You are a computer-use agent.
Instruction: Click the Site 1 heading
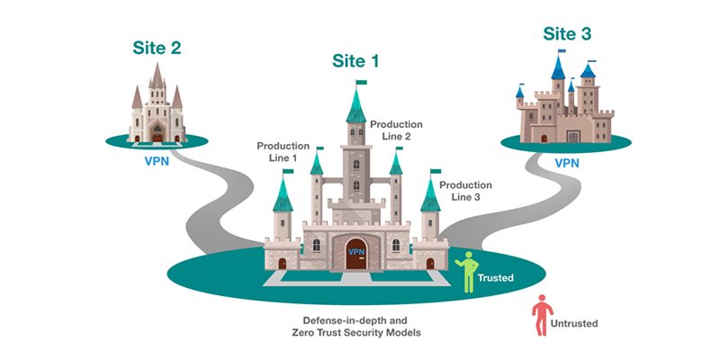355,61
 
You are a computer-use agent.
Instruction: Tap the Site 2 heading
157,48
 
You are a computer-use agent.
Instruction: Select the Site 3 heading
567,33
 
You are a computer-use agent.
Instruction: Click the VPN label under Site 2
157,162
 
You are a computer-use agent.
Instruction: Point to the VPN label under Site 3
567,163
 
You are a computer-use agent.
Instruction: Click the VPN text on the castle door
355,252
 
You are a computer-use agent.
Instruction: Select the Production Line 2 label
396,130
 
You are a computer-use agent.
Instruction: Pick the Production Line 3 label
465,191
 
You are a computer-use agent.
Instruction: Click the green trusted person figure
467,272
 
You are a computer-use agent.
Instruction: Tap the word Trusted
496,278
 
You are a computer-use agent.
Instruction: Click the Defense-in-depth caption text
355,327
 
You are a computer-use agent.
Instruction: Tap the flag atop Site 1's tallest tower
362,83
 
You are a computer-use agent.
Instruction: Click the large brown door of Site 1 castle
356,254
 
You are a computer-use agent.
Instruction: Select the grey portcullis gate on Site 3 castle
573,137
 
